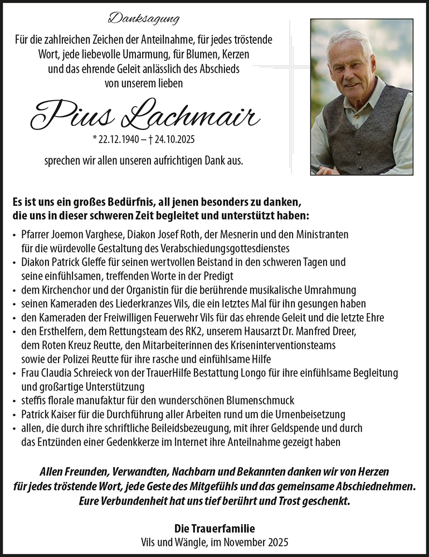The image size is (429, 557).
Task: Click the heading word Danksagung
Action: pos(144,19)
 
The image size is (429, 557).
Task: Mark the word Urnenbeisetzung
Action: pos(313,414)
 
